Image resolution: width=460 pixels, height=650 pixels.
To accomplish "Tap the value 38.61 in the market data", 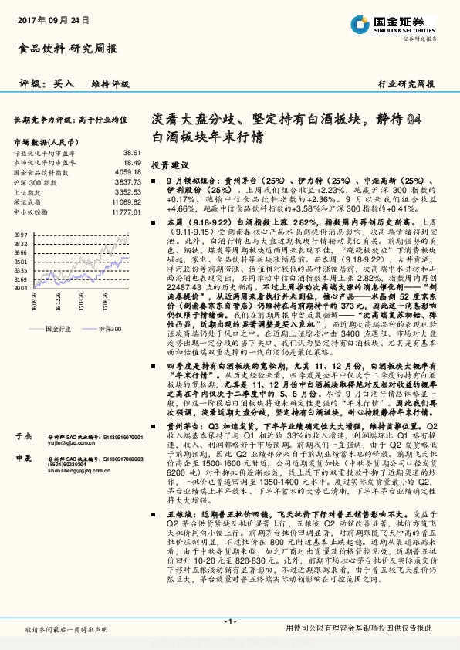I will [x=132, y=154].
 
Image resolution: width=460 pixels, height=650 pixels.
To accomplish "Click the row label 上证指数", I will [x=27, y=191].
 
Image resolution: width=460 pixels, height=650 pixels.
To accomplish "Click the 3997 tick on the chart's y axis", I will [x=21, y=233].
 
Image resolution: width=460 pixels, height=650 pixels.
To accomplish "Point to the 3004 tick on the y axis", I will [x=21, y=288].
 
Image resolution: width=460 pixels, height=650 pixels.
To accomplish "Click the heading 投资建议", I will [x=169, y=165].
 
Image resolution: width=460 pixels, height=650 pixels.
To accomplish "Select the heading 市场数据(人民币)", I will [x=45, y=142].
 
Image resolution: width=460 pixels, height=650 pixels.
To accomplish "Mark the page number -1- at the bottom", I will [x=229, y=621].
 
